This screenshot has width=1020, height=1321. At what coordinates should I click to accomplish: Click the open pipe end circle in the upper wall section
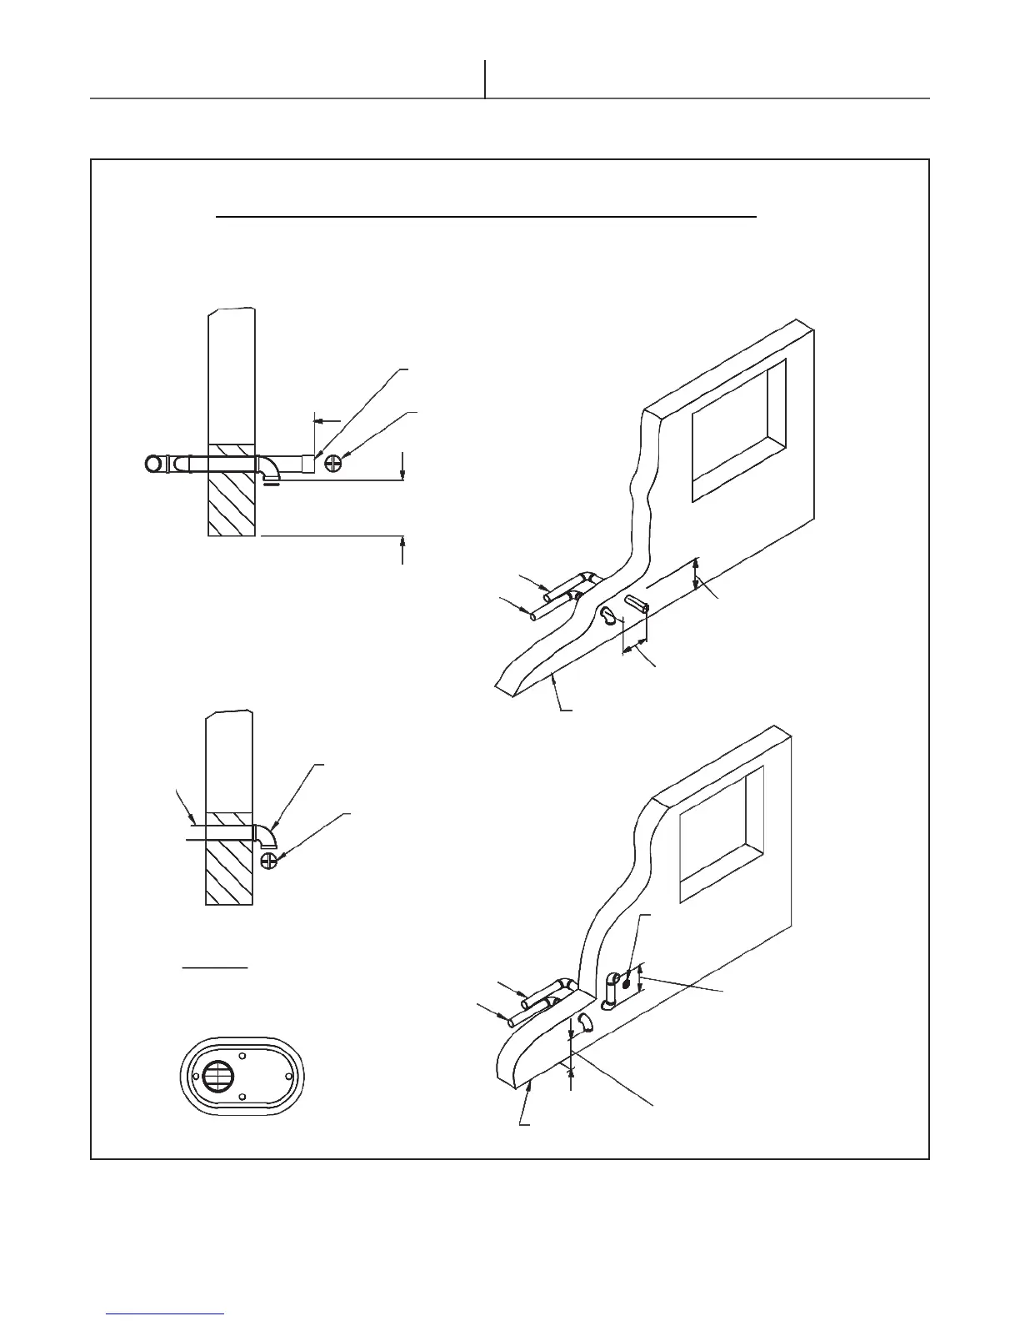point(154,465)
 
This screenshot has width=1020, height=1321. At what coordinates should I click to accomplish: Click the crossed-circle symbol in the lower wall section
point(269,861)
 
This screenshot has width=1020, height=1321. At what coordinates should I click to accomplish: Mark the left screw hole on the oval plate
point(196,1076)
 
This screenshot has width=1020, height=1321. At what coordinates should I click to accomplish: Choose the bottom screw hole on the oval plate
point(242,1097)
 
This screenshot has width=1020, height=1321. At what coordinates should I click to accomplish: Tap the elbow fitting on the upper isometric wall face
point(609,616)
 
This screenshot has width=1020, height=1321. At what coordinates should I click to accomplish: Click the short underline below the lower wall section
point(215,968)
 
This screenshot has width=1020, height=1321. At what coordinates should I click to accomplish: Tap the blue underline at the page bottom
point(166,1313)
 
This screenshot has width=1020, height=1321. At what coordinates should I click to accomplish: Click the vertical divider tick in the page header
point(485,79)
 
